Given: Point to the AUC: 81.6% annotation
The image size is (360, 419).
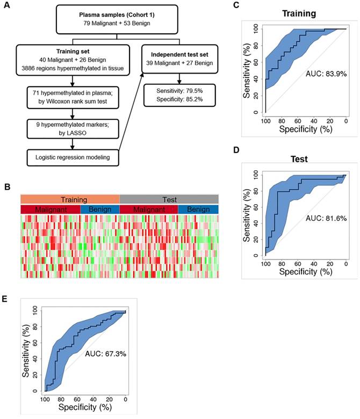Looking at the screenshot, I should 320,218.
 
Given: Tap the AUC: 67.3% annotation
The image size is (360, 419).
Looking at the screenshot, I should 105,355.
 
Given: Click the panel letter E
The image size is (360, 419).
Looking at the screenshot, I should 5,299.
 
